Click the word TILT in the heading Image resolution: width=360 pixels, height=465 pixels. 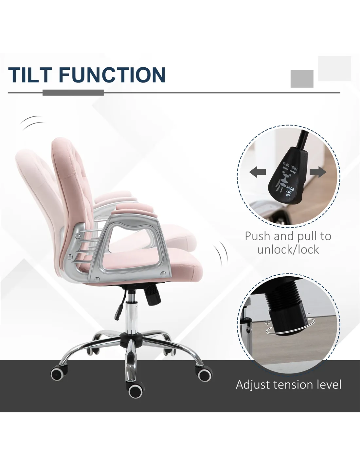click(30, 75)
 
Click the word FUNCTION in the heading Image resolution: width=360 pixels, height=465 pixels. click(112, 75)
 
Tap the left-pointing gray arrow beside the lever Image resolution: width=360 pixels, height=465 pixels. click(258, 172)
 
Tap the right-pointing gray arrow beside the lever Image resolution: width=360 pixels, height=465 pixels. click(318, 172)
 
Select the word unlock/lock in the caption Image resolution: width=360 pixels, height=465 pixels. click(288, 250)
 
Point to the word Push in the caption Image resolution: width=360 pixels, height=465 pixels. click(258, 236)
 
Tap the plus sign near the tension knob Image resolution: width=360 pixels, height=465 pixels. click(267, 328)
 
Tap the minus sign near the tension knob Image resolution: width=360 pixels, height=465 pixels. click(309, 320)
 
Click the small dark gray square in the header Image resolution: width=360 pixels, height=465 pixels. click(302, 79)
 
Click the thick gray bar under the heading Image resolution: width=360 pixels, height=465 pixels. click(73, 93)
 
